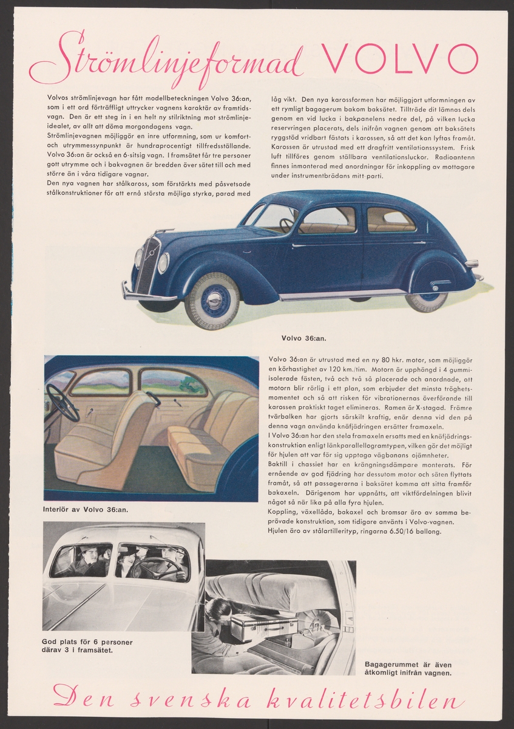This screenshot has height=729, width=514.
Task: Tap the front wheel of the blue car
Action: pos(212,300)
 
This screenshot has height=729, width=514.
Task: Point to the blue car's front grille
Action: pos(146,265)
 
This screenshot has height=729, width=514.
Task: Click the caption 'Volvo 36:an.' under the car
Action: pos(303,337)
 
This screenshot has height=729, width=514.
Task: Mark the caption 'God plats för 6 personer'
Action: pos(87,643)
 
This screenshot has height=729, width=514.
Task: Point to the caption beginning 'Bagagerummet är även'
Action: pos(408,665)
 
